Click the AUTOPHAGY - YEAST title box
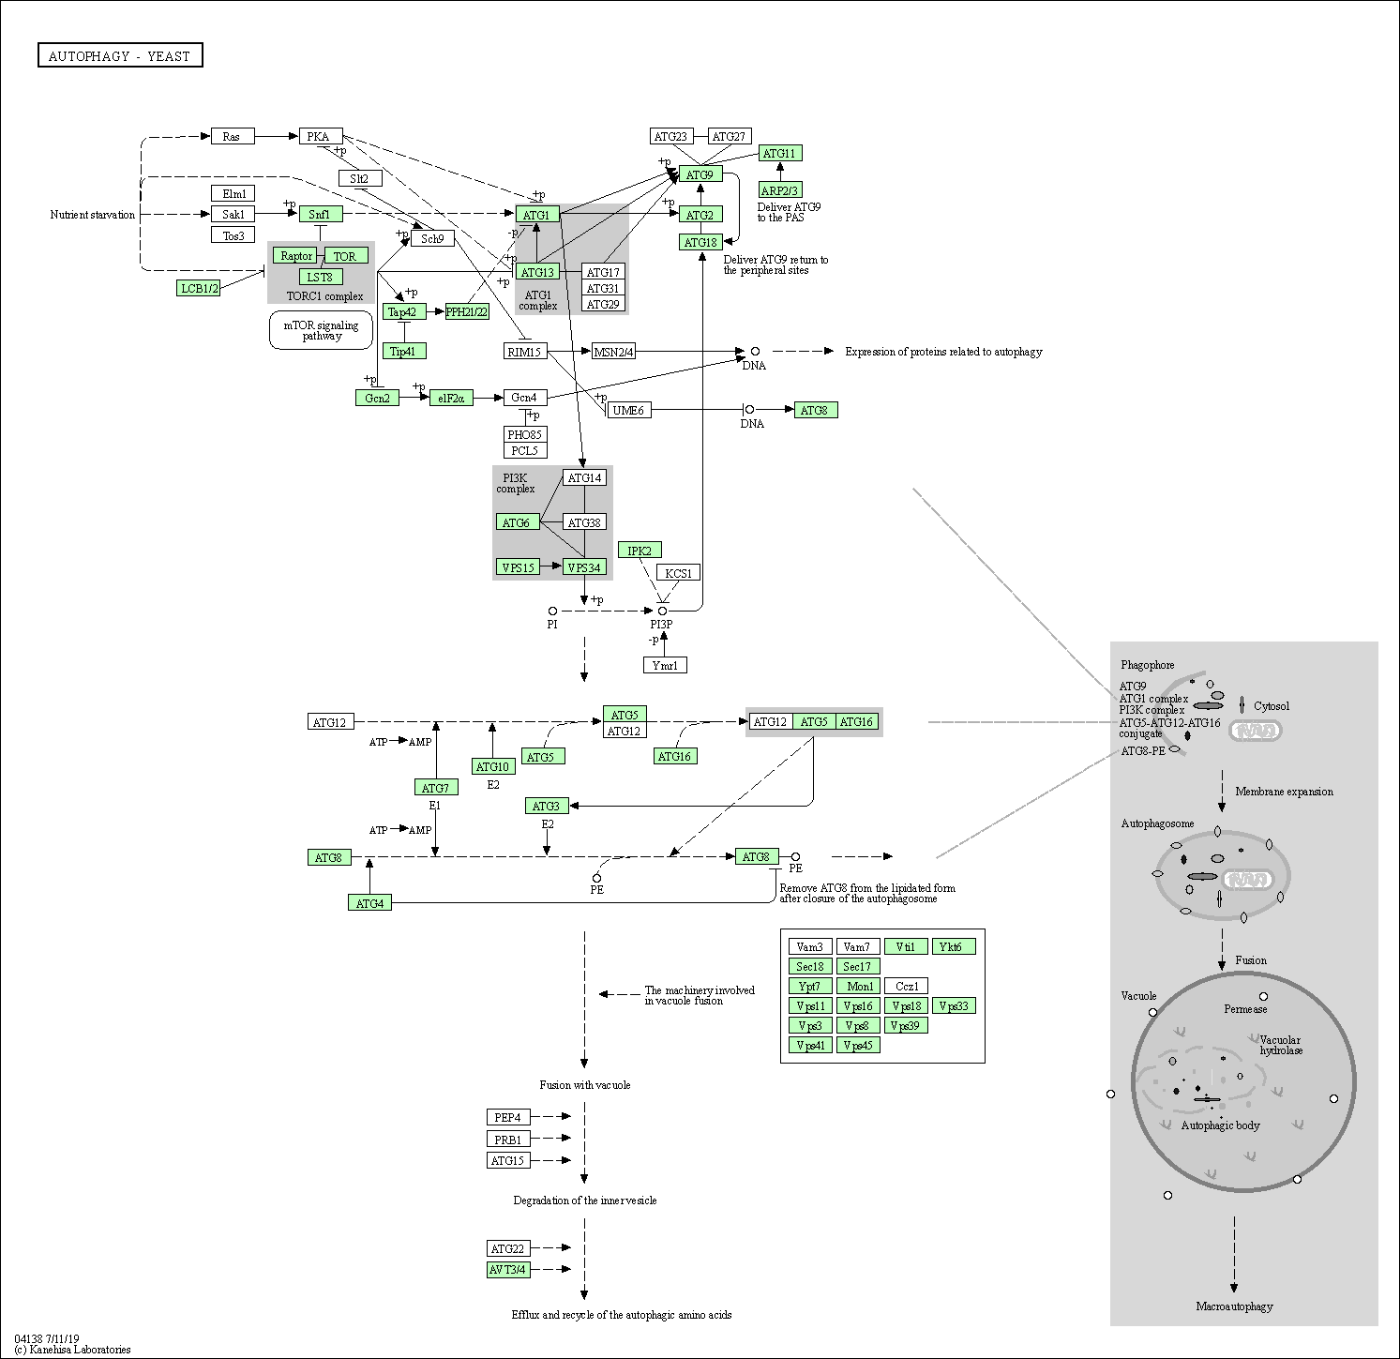(120, 56)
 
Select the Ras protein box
(232, 136)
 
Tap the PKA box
(321, 136)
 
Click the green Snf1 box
(321, 214)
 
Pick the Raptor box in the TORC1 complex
(296, 255)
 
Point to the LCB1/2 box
(199, 288)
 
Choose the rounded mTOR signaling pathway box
(322, 330)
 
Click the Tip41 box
(404, 351)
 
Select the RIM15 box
(525, 352)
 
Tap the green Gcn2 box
(378, 398)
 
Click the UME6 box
(628, 410)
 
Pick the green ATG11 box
(780, 153)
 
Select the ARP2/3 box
(780, 190)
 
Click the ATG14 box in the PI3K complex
(585, 477)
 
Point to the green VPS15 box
(518, 566)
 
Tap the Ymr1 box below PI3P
(665, 665)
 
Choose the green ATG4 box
(369, 903)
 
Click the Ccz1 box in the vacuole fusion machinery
(907, 986)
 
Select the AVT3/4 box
(508, 1270)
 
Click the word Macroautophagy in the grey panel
(1235, 1306)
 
